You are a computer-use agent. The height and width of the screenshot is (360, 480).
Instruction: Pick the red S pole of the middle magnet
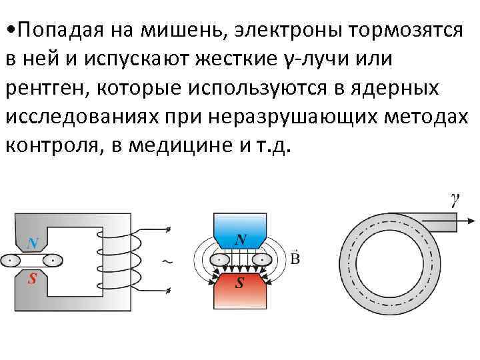coord(240,282)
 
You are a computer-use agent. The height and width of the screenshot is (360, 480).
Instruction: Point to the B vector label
coord(295,257)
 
